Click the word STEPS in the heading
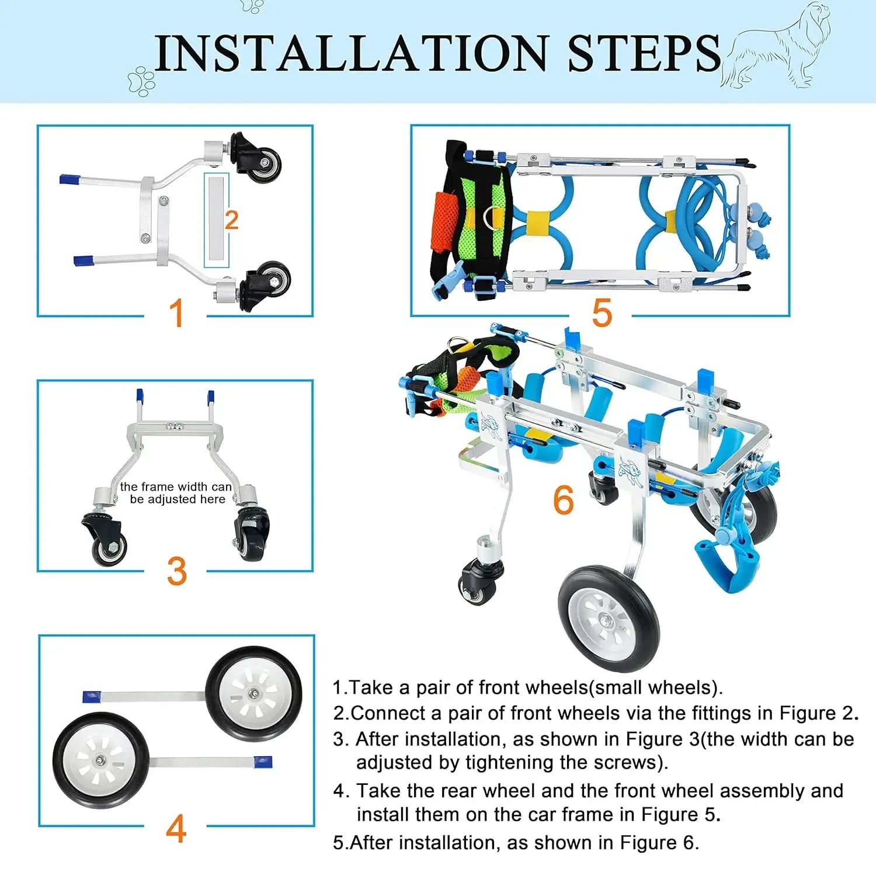click(644, 53)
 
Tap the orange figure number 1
click(176, 313)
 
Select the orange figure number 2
click(231, 220)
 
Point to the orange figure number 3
click(177, 571)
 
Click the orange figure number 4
click(176, 828)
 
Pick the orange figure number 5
click(602, 313)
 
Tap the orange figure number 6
click(564, 500)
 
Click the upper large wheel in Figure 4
click(254, 694)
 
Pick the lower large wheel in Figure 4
click(101, 760)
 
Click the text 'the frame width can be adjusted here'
click(176, 493)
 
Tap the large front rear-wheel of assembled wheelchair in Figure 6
click(609, 618)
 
